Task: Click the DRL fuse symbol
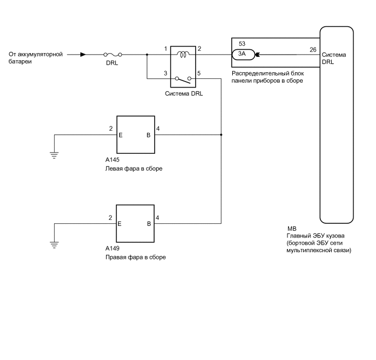pyautogui.click(x=113, y=55)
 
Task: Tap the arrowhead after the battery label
pyautogui.click(x=83, y=55)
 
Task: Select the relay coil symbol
pyautogui.click(x=184, y=54)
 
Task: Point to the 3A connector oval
pyautogui.click(x=242, y=54)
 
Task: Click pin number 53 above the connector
pyautogui.click(x=242, y=43)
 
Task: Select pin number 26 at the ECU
pyautogui.click(x=313, y=49)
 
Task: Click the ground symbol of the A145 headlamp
pyautogui.click(x=54, y=154)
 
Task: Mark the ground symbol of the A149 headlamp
pyautogui.click(x=54, y=243)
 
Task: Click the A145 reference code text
pyautogui.click(x=113, y=161)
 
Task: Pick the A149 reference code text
pyautogui.click(x=113, y=249)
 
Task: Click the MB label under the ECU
pyautogui.click(x=291, y=229)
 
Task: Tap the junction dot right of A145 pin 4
pyautogui.click(x=221, y=134)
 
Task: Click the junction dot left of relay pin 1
pyautogui.click(x=146, y=55)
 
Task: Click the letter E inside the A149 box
pyautogui.click(x=119, y=223)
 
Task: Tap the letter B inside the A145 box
pyautogui.click(x=148, y=134)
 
